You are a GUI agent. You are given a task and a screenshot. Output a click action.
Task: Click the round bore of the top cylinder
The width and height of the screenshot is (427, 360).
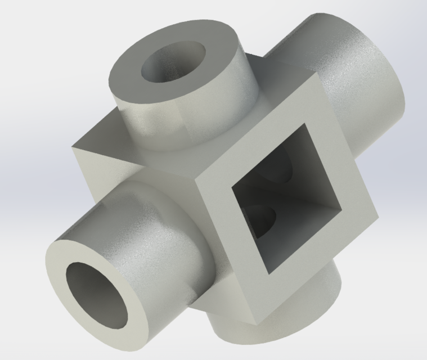tap(172, 61)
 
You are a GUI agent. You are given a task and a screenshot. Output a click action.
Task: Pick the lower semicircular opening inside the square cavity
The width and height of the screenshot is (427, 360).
tap(260, 219)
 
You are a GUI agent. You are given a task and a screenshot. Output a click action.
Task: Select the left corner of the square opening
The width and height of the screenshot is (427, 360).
tap(233, 189)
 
